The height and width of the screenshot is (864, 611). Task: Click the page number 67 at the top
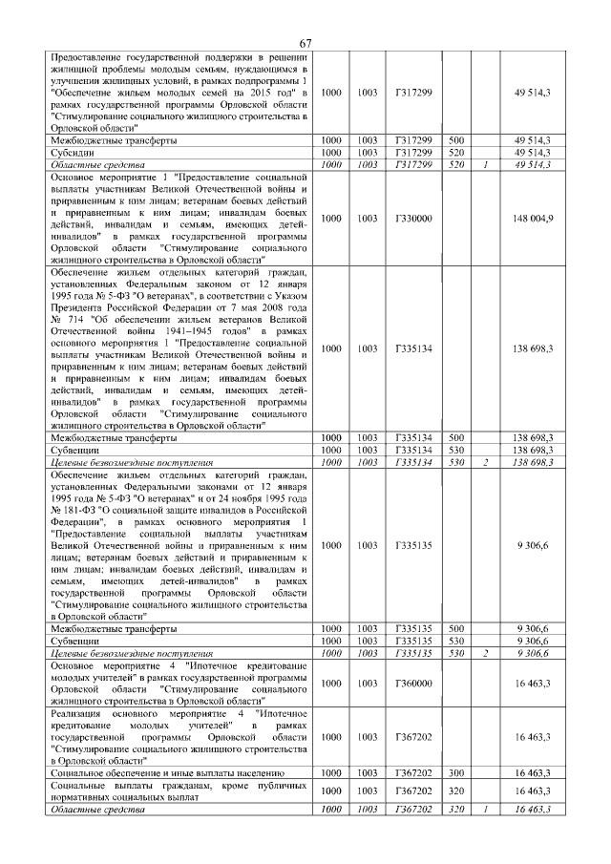pos(305,44)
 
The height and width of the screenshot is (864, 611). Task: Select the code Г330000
pos(413,219)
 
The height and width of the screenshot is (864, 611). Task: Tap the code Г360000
pos(413,684)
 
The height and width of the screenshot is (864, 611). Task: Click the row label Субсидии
pos(72,152)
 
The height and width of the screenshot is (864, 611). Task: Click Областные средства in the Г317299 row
pos(93,164)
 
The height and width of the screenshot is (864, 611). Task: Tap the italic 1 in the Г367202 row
pos(486,810)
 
